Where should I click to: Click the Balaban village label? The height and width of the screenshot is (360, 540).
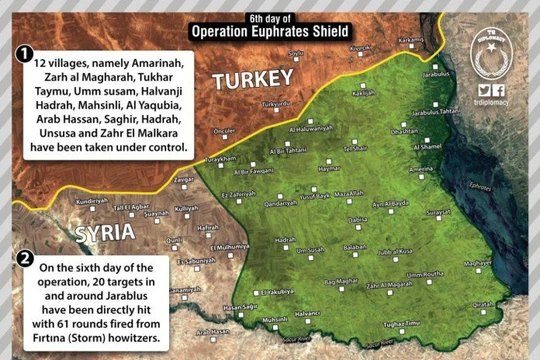click(x=354, y=246)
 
